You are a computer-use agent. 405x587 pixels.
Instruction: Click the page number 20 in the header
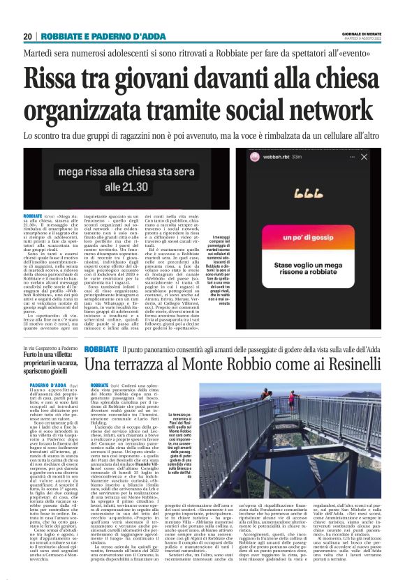point(27,36)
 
